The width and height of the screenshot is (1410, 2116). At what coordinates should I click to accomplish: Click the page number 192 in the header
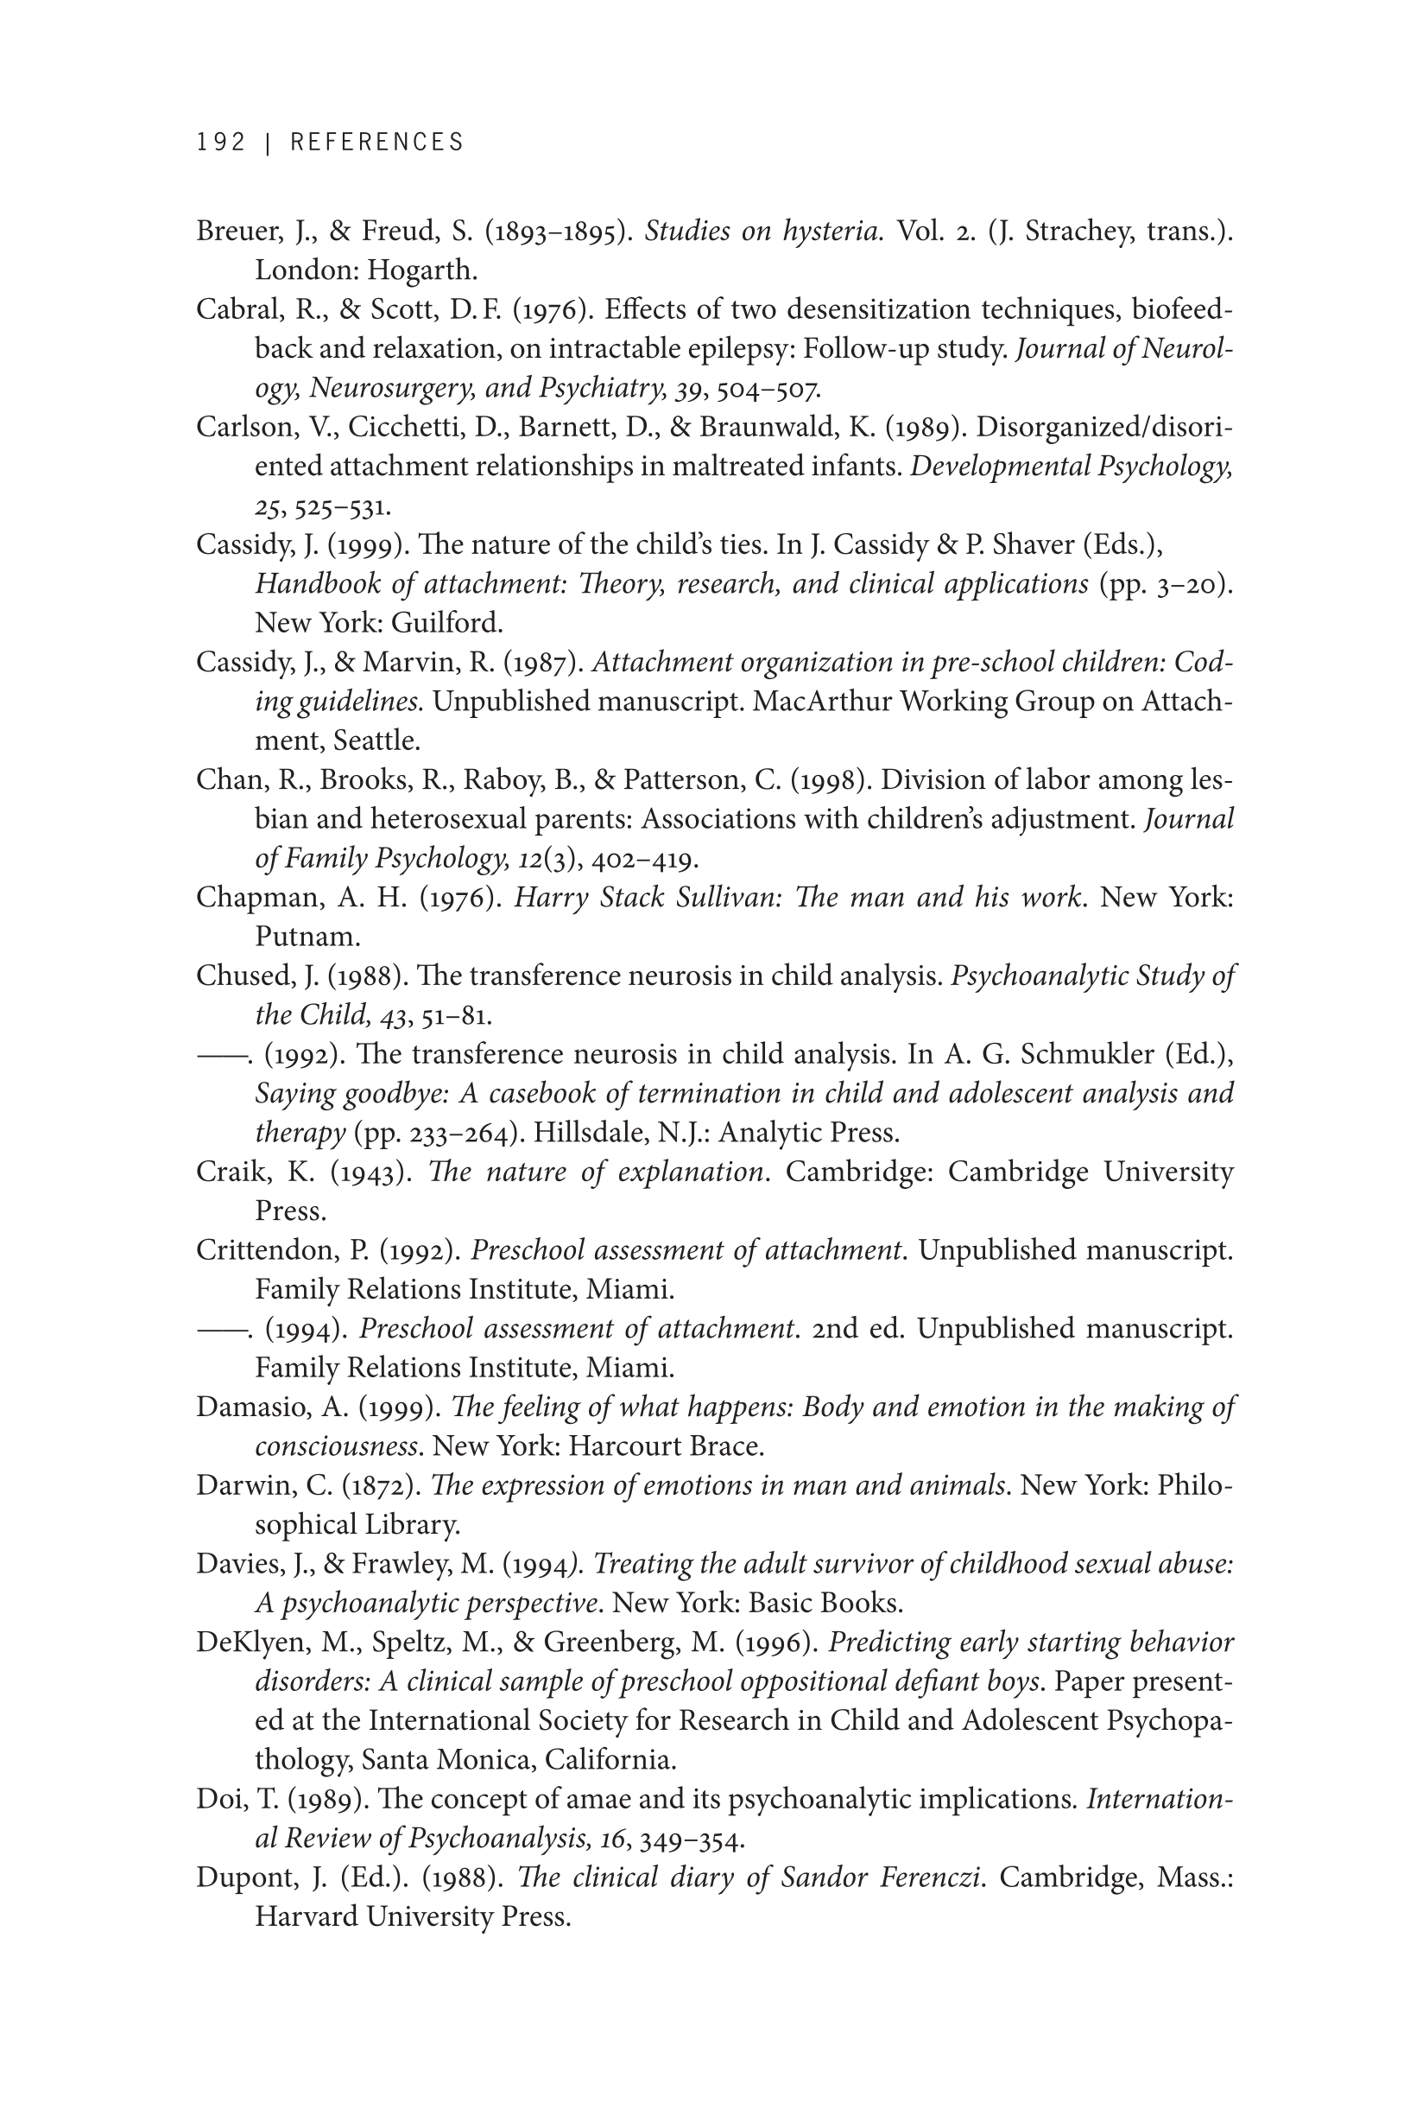(221, 143)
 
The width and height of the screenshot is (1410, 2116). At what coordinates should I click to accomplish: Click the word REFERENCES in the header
(376, 143)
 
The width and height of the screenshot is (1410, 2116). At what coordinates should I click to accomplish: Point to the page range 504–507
(768, 389)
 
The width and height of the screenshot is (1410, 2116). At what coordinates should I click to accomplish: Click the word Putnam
(307, 937)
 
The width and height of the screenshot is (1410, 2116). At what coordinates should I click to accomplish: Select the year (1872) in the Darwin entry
(382, 1485)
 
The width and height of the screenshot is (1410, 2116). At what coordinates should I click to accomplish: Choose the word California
(610, 1760)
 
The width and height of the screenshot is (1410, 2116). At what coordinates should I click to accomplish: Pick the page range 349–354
(691, 1839)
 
